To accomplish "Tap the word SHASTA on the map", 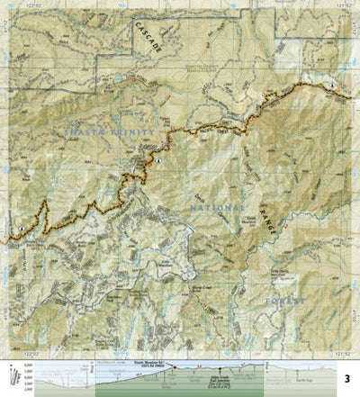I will (x=85, y=132).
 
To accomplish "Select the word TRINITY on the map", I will (x=134, y=132).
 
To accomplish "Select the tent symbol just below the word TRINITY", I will (x=158, y=158).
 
